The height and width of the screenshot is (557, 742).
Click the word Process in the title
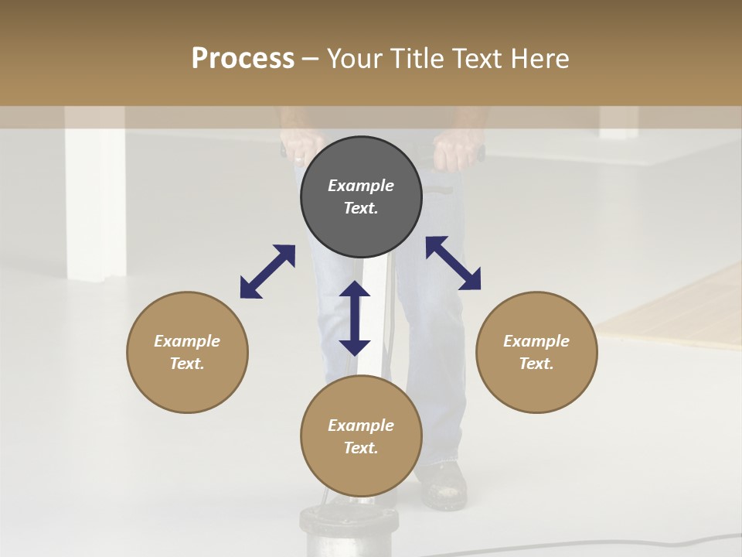[x=243, y=59]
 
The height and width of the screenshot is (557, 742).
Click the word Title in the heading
[x=416, y=59]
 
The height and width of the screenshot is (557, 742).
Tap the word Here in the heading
[x=538, y=59]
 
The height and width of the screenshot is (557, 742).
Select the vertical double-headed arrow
[x=355, y=318]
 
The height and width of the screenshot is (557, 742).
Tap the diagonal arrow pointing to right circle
[x=453, y=263]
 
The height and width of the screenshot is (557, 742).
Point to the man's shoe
[x=443, y=485]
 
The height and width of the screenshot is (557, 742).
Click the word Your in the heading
[x=355, y=59]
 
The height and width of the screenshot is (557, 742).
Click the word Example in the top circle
[x=361, y=186]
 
